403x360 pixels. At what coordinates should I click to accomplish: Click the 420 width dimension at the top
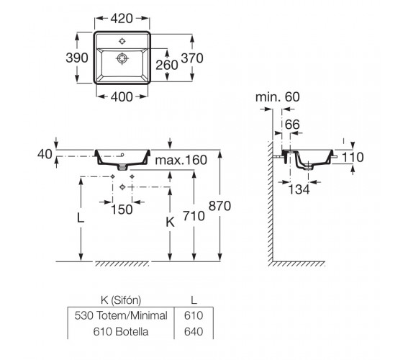122,19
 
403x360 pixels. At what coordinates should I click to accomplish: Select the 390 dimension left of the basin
77,58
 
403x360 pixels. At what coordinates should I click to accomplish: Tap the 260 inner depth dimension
167,65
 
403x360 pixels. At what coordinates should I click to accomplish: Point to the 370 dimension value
192,58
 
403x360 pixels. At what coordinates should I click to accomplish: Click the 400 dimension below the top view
122,97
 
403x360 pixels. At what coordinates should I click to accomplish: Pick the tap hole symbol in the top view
122,41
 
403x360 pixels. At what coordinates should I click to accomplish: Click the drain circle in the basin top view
122,58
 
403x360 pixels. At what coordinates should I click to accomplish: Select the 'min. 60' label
278,97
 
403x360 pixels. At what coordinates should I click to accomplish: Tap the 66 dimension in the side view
292,125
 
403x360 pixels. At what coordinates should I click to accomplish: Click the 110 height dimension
353,158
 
